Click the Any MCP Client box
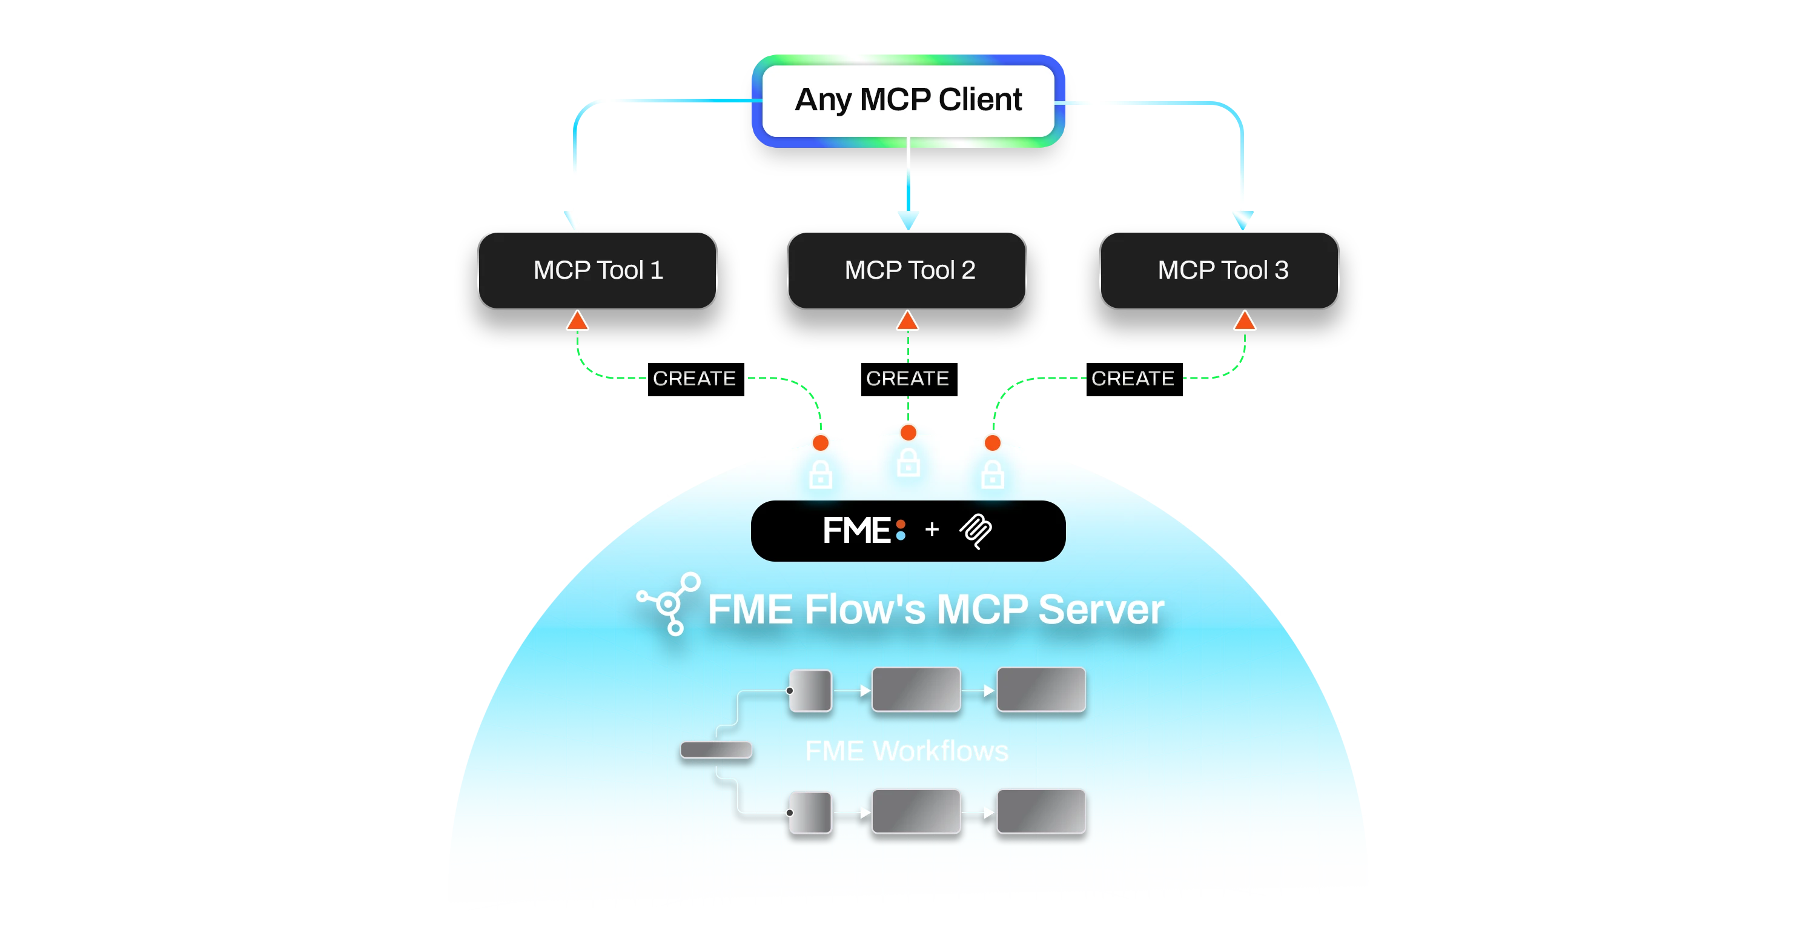908,100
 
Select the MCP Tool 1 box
597,270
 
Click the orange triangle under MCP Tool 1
577,321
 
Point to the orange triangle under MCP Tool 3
1244,321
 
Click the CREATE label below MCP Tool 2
907,378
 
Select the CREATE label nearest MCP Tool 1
694,378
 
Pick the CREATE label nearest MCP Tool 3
1133,378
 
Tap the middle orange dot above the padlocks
908,432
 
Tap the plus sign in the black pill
932,529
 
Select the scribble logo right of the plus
976,531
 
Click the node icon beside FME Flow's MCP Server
669,603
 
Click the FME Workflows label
907,751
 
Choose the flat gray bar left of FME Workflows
716,750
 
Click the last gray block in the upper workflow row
1041,690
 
